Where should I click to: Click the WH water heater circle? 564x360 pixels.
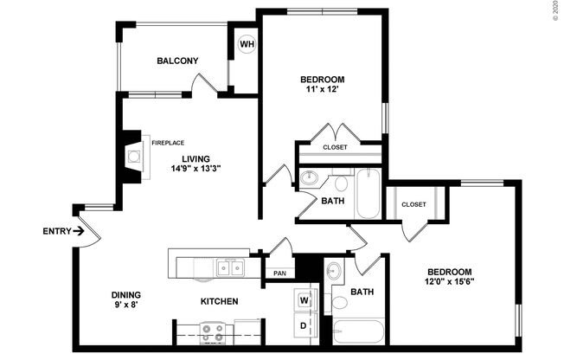[247, 44]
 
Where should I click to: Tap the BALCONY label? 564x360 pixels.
[178, 61]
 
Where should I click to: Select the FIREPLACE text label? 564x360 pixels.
[168, 143]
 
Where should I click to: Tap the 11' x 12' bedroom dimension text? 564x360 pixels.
[320, 87]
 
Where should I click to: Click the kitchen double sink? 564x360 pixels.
[230, 267]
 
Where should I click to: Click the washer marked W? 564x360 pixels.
[304, 300]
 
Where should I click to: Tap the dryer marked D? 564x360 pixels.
[304, 326]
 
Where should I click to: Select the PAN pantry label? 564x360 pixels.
[279, 273]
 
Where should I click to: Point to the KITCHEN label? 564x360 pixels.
[220, 301]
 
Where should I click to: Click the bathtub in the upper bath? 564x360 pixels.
[367, 193]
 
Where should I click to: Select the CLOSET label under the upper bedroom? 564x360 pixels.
[335, 147]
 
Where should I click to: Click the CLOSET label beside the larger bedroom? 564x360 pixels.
[413, 204]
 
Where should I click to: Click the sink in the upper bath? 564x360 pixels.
[310, 180]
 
